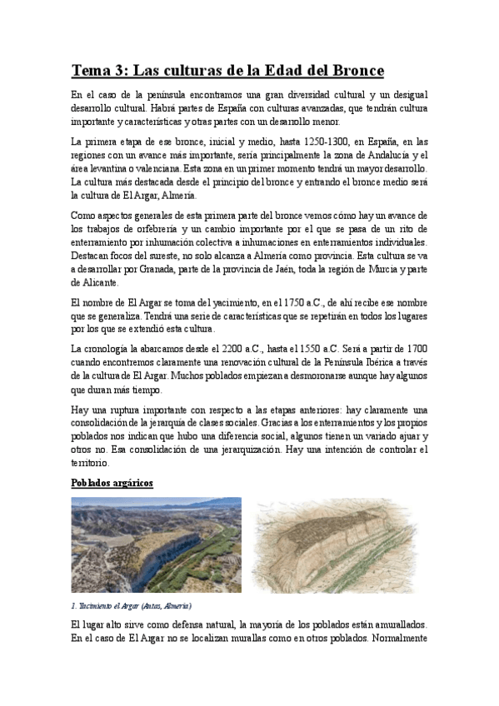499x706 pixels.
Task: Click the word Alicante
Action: point(90,283)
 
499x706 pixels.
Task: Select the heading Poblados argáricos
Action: point(112,484)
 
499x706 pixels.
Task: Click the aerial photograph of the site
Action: point(156,544)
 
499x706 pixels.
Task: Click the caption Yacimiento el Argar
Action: point(132,605)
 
